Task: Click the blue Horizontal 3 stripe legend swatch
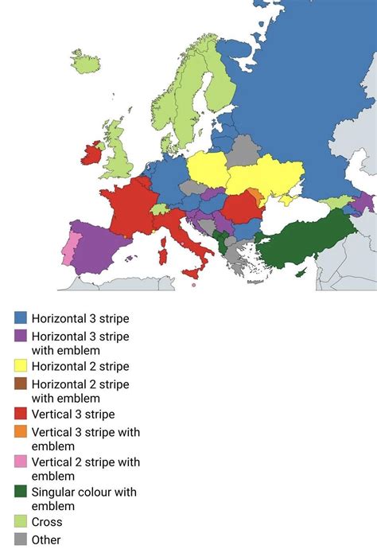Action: [x=21, y=318]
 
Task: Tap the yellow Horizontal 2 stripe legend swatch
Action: [x=21, y=366]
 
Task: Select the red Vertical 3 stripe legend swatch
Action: [x=21, y=414]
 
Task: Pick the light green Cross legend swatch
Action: [x=21, y=522]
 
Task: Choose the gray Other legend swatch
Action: [x=21, y=540]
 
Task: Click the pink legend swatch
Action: [x=21, y=462]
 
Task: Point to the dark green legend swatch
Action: [x=21, y=492]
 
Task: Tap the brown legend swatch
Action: [x=21, y=384]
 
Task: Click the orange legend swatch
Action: [x=21, y=432]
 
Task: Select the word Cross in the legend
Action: [x=47, y=522]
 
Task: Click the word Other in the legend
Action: [x=47, y=540]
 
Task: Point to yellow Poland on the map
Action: [x=208, y=169]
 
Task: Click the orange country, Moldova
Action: [x=255, y=197]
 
